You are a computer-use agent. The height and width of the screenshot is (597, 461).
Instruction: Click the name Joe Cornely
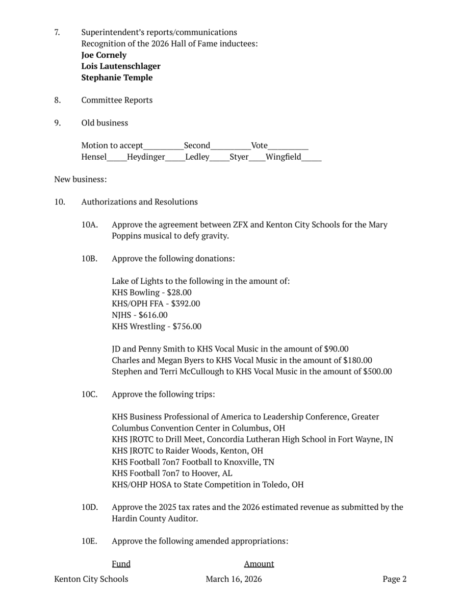pos(104,55)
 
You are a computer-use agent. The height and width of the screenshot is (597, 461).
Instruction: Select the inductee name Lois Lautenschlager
pos(121,66)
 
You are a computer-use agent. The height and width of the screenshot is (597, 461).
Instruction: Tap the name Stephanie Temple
pos(117,78)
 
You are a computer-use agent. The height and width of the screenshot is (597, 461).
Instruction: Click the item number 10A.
pos(89,225)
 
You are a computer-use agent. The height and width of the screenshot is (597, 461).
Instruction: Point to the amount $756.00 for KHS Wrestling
pos(187,327)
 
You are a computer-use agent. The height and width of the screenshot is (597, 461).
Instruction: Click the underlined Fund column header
pos(121,564)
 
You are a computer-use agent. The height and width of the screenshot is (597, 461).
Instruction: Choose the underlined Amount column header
pos(259,564)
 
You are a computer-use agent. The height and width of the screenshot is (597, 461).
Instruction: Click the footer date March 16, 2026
pos(234,579)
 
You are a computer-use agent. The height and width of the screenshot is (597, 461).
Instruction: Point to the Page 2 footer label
pos(395,579)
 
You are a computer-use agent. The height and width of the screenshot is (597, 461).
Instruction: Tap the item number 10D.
pos(89,507)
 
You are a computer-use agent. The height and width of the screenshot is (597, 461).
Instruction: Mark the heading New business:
pos(81,180)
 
